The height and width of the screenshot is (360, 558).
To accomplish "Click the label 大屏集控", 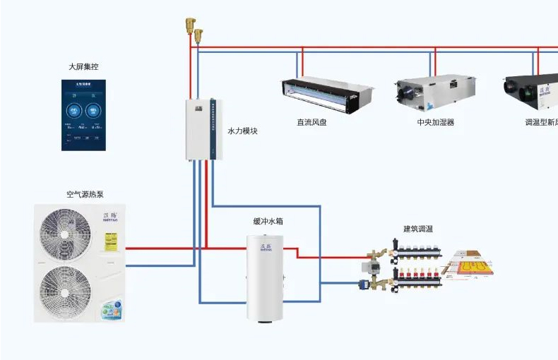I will click(x=83, y=67).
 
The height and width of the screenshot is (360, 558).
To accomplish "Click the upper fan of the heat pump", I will click(x=65, y=234).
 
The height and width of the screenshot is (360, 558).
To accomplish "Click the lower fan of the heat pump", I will click(x=65, y=289).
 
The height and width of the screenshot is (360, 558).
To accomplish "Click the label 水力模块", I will click(x=242, y=131).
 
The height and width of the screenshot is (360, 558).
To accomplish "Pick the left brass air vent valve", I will click(x=189, y=26).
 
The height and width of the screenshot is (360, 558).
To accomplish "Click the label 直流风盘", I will click(x=311, y=122).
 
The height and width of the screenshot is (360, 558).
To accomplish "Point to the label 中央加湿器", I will click(x=435, y=122).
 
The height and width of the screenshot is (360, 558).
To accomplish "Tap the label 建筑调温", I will click(x=418, y=229).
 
